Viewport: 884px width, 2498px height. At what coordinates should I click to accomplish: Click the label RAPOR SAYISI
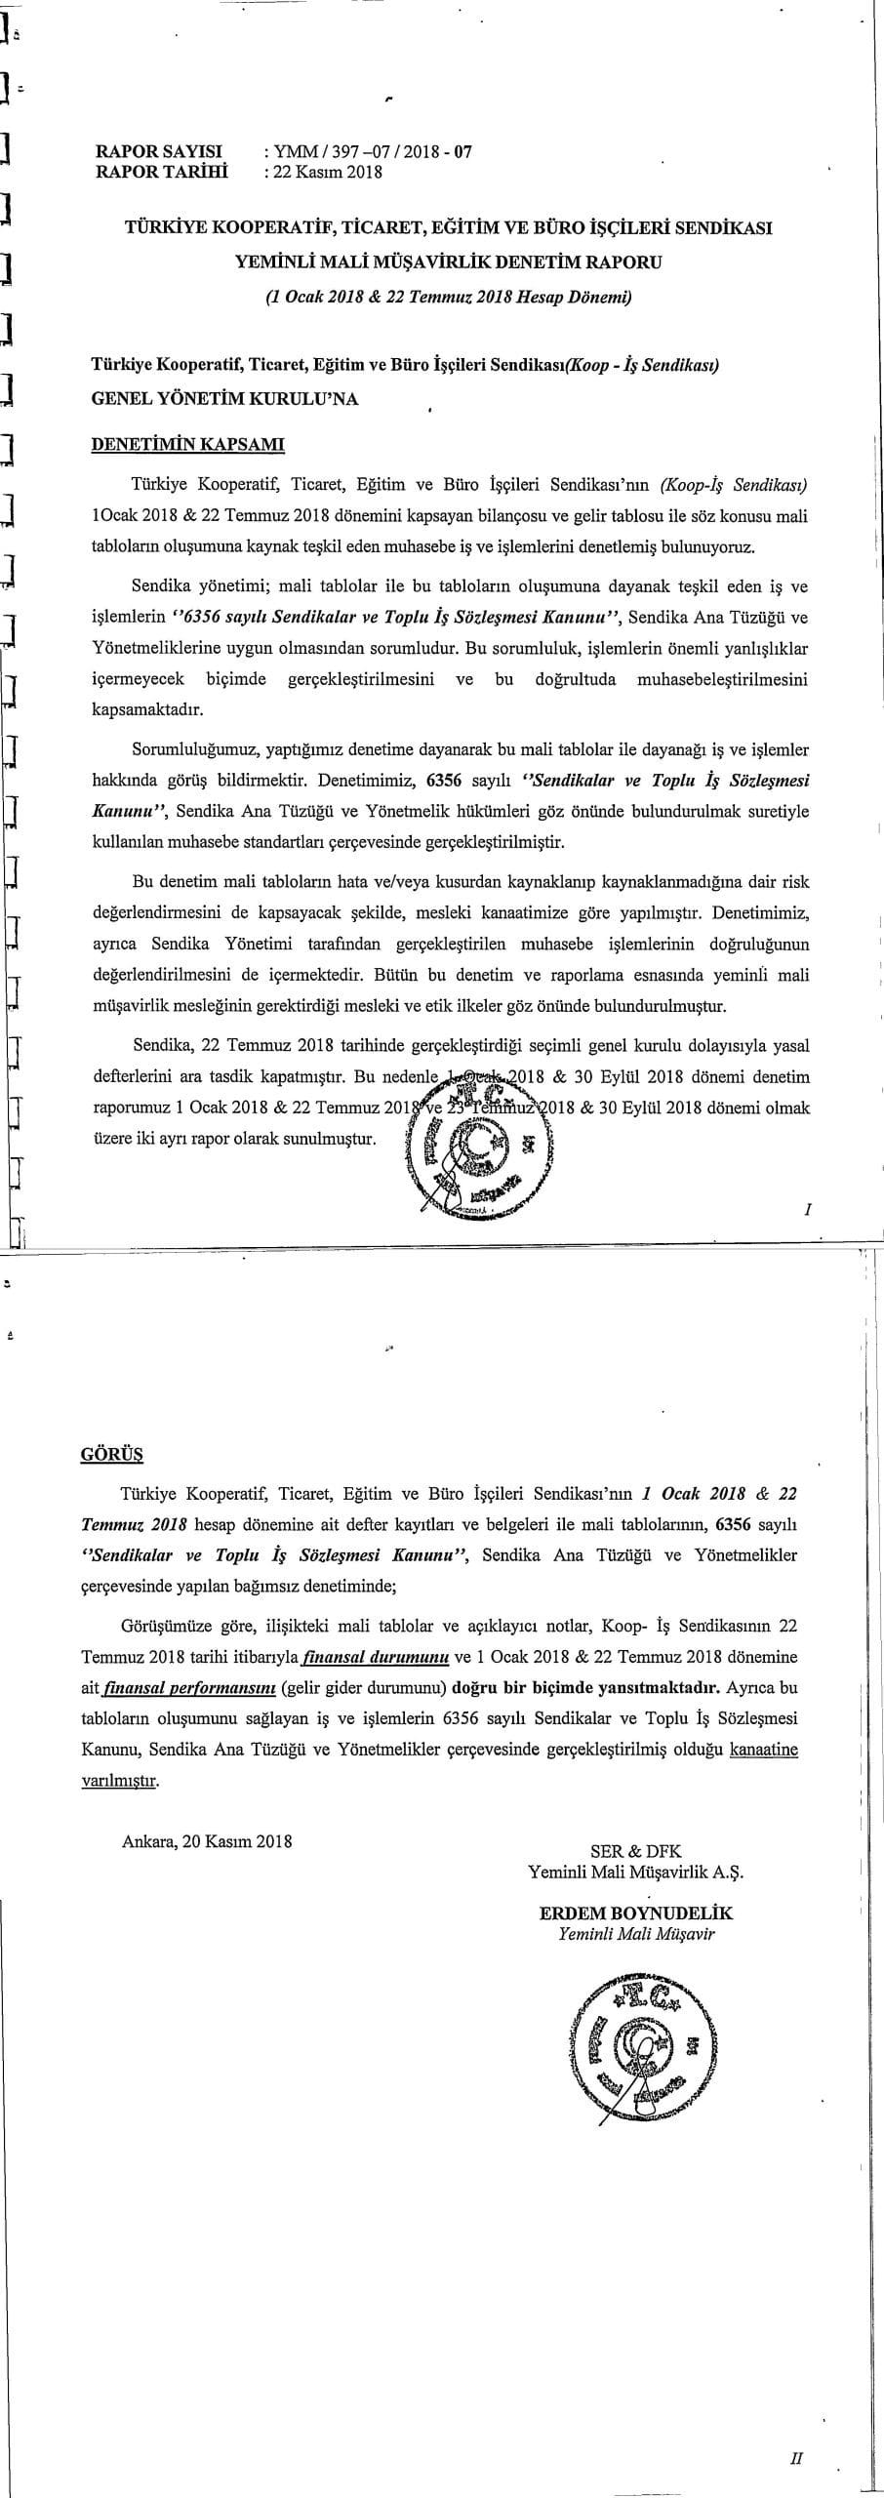pyautogui.click(x=158, y=152)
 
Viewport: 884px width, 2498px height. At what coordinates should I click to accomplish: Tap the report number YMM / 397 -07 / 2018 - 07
pyautogui.click(x=373, y=152)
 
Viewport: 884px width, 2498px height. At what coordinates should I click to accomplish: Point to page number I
pyautogui.click(x=808, y=1210)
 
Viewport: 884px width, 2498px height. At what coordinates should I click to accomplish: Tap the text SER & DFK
pyautogui.click(x=636, y=2144)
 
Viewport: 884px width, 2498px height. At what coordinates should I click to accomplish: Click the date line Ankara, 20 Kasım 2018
pyautogui.click(x=208, y=2134)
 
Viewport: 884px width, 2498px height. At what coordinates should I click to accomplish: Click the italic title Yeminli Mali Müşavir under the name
pyautogui.click(x=636, y=2226)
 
